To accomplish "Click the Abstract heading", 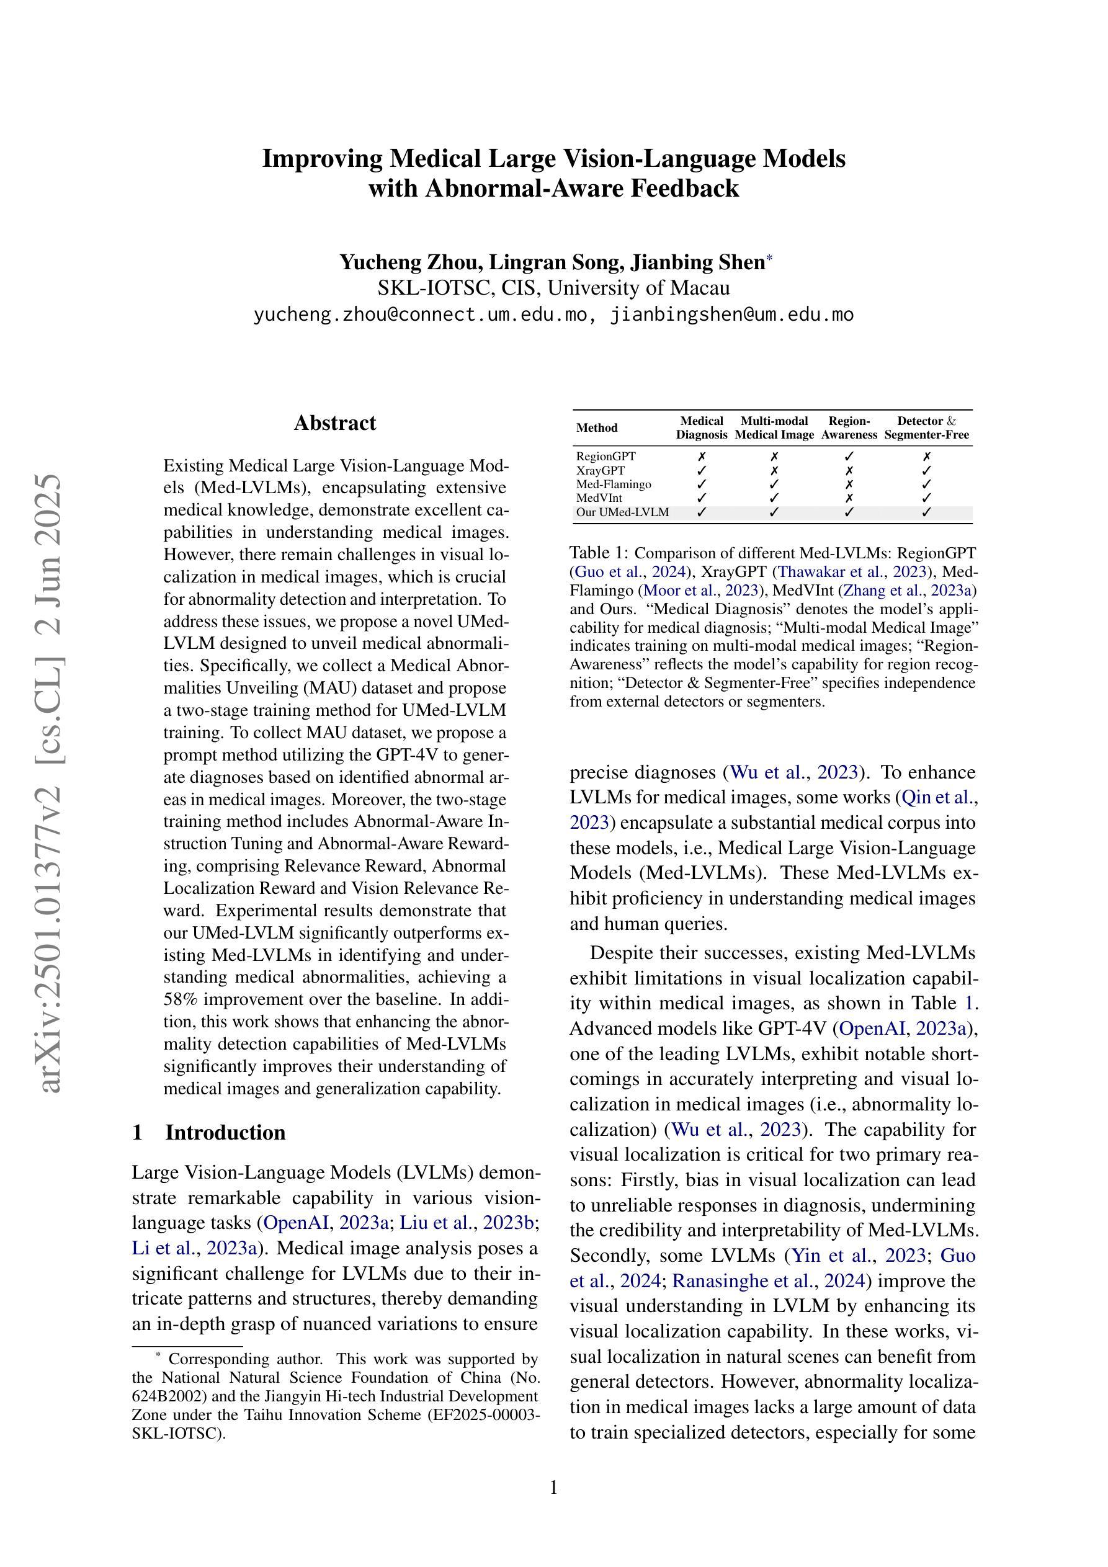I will [x=334, y=423].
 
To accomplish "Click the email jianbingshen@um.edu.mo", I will [x=732, y=315].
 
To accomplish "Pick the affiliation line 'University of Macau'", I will [x=638, y=288].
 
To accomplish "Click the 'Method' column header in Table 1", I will [x=597, y=428].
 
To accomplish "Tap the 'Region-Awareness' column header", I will [x=849, y=428].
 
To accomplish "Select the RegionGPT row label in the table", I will [x=605, y=456].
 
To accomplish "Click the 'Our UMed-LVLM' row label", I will [x=622, y=512].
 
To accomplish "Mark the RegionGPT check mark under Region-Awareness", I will [x=849, y=456].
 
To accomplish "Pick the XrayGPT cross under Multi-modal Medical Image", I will [x=774, y=470].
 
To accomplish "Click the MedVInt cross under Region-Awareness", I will [x=849, y=498].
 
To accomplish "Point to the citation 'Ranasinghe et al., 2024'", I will [x=769, y=1281].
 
